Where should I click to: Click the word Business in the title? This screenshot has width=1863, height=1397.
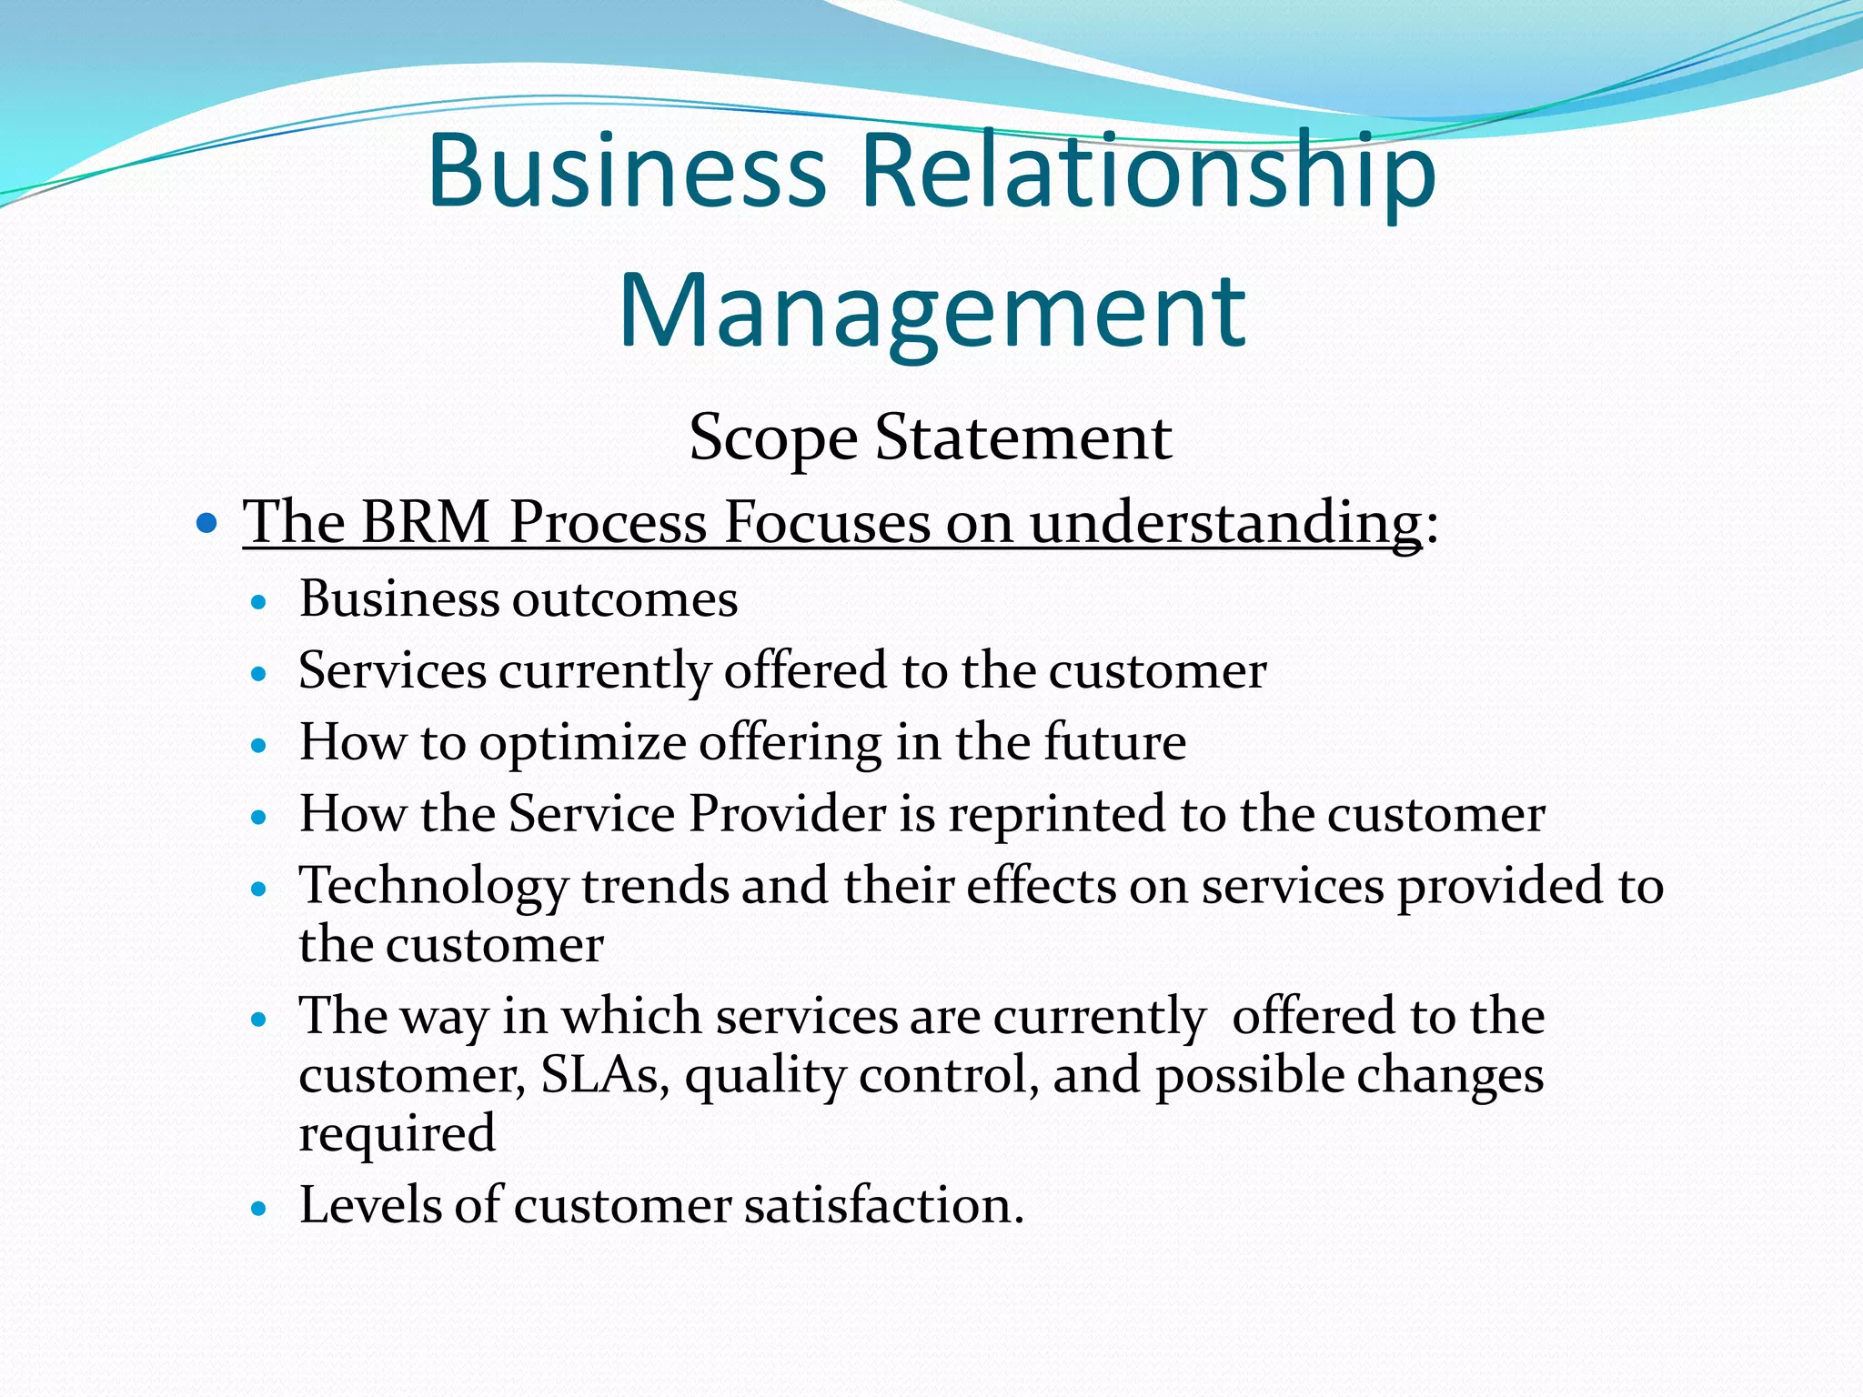627,171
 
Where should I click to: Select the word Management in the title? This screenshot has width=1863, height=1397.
931,311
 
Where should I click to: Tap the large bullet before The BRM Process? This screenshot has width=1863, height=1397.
207,523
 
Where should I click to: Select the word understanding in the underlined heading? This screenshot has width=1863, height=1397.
1225,525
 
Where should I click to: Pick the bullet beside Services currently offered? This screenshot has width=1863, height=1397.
260,674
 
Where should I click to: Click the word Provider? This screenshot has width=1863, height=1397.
787,814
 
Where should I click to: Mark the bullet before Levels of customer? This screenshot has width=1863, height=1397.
260,1210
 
